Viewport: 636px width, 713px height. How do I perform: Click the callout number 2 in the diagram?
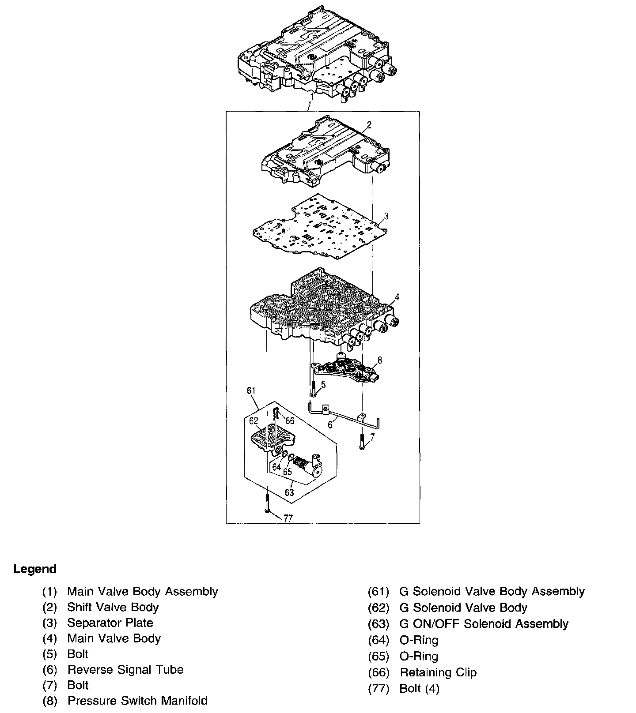[x=369, y=125]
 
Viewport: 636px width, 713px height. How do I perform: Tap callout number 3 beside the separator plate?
[x=386, y=216]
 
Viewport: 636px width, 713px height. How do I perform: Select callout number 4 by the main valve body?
[x=397, y=297]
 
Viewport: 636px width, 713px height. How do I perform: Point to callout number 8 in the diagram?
[x=379, y=360]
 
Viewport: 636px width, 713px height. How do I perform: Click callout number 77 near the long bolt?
[x=288, y=518]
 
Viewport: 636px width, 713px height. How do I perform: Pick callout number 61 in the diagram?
[x=251, y=390]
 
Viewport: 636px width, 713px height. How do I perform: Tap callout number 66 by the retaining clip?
[x=290, y=420]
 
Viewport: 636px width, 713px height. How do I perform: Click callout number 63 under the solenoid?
[x=289, y=492]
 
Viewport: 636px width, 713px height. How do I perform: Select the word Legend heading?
[x=35, y=569]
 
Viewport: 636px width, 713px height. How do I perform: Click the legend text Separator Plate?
[x=110, y=623]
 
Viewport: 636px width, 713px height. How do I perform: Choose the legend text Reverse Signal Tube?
[x=125, y=670]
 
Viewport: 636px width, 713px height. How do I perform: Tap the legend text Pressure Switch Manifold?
[x=137, y=701]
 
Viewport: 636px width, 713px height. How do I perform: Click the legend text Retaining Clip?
[x=438, y=672]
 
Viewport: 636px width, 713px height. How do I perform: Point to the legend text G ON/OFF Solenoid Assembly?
[x=484, y=624]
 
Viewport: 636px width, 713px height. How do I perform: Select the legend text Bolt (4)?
[x=419, y=688]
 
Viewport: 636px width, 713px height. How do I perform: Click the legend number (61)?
[x=379, y=592]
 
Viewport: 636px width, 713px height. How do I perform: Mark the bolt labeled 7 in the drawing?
[x=362, y=441]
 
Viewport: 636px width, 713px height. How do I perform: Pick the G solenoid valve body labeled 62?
[x=270, y=437]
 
